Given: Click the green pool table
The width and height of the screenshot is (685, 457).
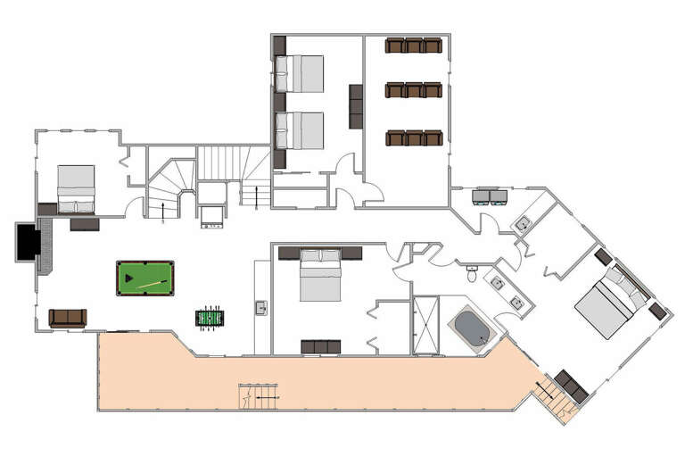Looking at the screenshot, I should (144, 278).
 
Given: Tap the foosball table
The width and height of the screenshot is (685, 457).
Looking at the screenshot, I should (210, 318).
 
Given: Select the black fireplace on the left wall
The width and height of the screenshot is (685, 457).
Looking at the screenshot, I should (28, 242).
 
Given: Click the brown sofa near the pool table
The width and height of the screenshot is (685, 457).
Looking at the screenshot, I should (68, 318).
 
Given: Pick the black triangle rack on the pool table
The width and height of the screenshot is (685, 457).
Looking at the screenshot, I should (130, 278).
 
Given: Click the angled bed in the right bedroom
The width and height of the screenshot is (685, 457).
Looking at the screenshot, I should (610, 300).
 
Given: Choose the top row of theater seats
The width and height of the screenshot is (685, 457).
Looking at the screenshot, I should (414, 46).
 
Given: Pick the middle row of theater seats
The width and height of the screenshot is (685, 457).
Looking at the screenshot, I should (414, 90).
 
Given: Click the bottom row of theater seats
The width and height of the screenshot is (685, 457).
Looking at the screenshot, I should (414, 137).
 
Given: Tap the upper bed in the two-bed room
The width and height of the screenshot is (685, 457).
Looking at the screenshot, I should (299, 74).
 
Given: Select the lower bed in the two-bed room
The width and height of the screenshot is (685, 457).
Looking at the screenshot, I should (299, 130).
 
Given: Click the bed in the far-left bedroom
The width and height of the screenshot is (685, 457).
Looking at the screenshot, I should (76, 188).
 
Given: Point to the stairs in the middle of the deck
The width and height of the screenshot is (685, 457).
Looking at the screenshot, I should (258, 395).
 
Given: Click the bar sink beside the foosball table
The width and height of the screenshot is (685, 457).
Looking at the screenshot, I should (261, 308).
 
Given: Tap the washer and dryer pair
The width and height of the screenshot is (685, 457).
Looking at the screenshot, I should (490, 196).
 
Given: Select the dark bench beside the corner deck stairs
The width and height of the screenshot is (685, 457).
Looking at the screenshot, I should (571, 386).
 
